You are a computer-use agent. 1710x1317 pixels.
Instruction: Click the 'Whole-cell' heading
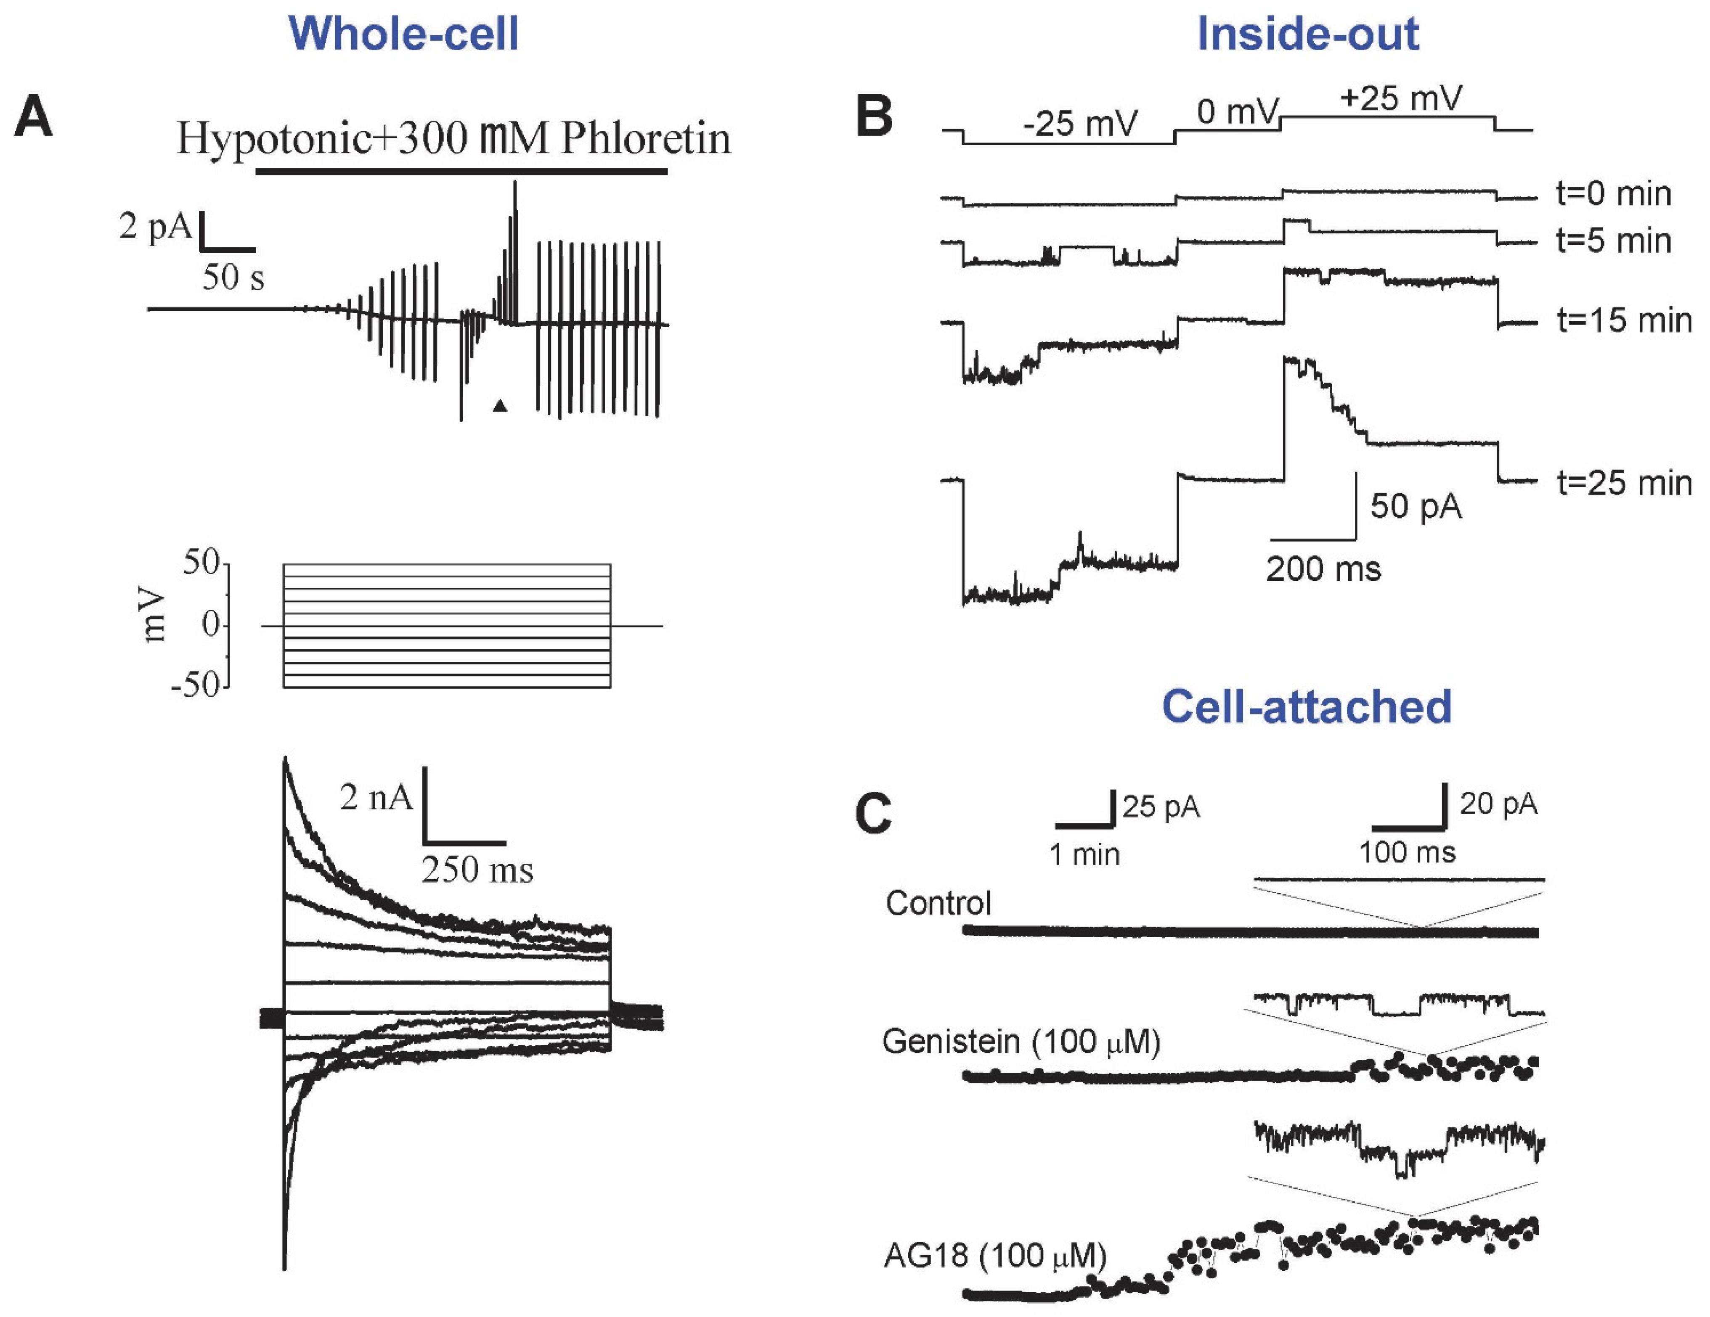click(403, 34)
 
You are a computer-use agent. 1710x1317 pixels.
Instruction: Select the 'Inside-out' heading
click(1307, 34)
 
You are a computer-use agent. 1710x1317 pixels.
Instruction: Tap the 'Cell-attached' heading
click(1306, 706)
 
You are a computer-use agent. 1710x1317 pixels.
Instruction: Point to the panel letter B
click(874, 117)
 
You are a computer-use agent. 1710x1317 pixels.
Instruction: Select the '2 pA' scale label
click(155, 227)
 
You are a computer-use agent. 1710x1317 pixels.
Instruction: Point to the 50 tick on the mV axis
click(201, 562)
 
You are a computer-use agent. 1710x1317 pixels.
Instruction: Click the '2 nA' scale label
click(376, 797)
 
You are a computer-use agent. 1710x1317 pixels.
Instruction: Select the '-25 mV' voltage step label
click(1081, 124)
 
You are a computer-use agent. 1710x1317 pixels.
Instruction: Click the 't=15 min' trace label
click(1623, 321)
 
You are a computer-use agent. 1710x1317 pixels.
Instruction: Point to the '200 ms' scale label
click(1323, 569)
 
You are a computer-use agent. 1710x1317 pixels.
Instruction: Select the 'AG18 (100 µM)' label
click(994, 1256)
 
